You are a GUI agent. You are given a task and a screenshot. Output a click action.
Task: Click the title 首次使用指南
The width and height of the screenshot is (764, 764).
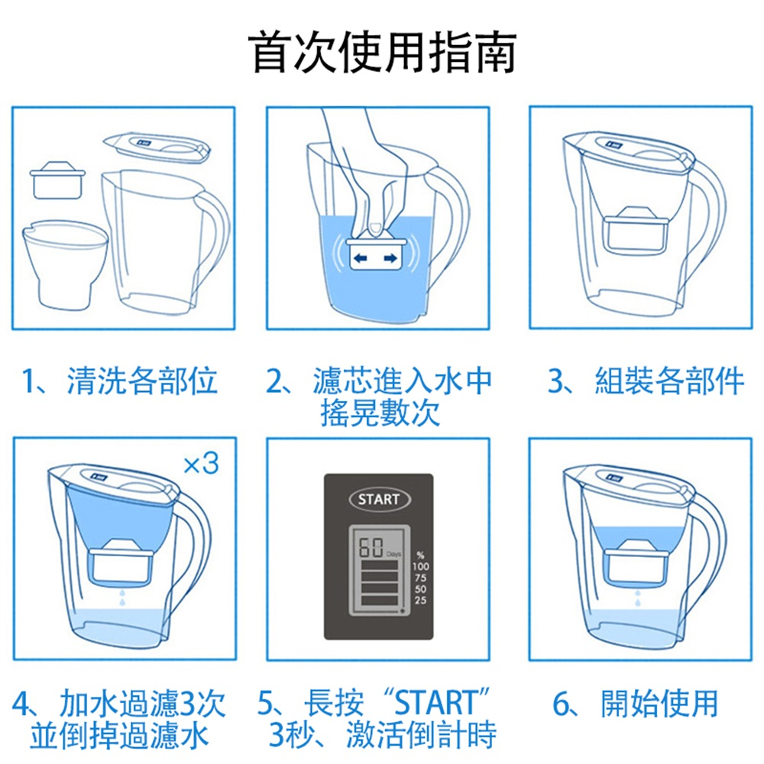pos(382,52)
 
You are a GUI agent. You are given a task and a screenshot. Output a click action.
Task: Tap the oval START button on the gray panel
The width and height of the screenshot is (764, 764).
pos(380,499)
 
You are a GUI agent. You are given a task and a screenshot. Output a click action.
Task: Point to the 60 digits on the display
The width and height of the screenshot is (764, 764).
pos(371,547)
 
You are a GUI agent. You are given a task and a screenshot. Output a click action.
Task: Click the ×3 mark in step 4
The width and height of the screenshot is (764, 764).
pos(201,464)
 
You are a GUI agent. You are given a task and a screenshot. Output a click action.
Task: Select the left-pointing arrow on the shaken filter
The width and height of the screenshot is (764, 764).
pos(360,258)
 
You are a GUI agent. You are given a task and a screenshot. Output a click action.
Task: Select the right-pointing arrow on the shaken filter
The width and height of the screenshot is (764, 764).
pos(390,258)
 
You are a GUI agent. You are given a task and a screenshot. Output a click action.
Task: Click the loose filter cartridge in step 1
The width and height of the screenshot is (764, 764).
pos(57,180)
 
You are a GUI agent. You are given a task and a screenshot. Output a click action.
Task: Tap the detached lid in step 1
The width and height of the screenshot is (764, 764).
pos(157,147)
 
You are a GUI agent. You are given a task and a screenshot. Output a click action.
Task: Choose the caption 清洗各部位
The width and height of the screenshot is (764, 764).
pos(142,380)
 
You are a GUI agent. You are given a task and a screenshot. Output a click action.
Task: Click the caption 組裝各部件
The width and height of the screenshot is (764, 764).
pos(669,380)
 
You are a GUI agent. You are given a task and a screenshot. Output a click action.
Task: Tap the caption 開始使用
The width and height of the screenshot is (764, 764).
pos(659,704)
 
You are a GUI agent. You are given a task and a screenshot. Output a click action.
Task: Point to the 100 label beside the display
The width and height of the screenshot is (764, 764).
pos(420,566)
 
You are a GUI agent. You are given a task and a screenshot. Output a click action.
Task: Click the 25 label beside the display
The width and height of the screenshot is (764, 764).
pos(420,601)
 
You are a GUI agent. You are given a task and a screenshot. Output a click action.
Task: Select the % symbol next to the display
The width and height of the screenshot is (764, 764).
pos(420,555)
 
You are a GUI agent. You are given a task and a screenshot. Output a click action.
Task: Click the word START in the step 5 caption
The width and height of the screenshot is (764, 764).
pos(435,703)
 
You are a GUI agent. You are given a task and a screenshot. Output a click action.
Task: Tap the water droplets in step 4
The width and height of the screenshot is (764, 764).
pos(121,598)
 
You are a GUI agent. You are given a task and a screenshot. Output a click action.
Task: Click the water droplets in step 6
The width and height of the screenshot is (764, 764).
pos(637,598)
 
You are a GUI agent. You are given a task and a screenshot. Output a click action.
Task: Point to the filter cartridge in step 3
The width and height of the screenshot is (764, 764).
pos(636,231)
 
